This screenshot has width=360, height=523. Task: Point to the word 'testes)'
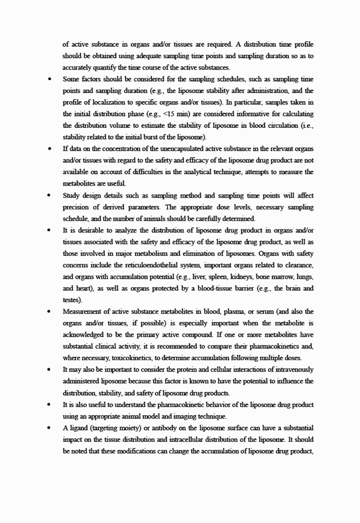[73, 300]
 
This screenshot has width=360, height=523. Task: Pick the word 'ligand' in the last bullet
[79, 427]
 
